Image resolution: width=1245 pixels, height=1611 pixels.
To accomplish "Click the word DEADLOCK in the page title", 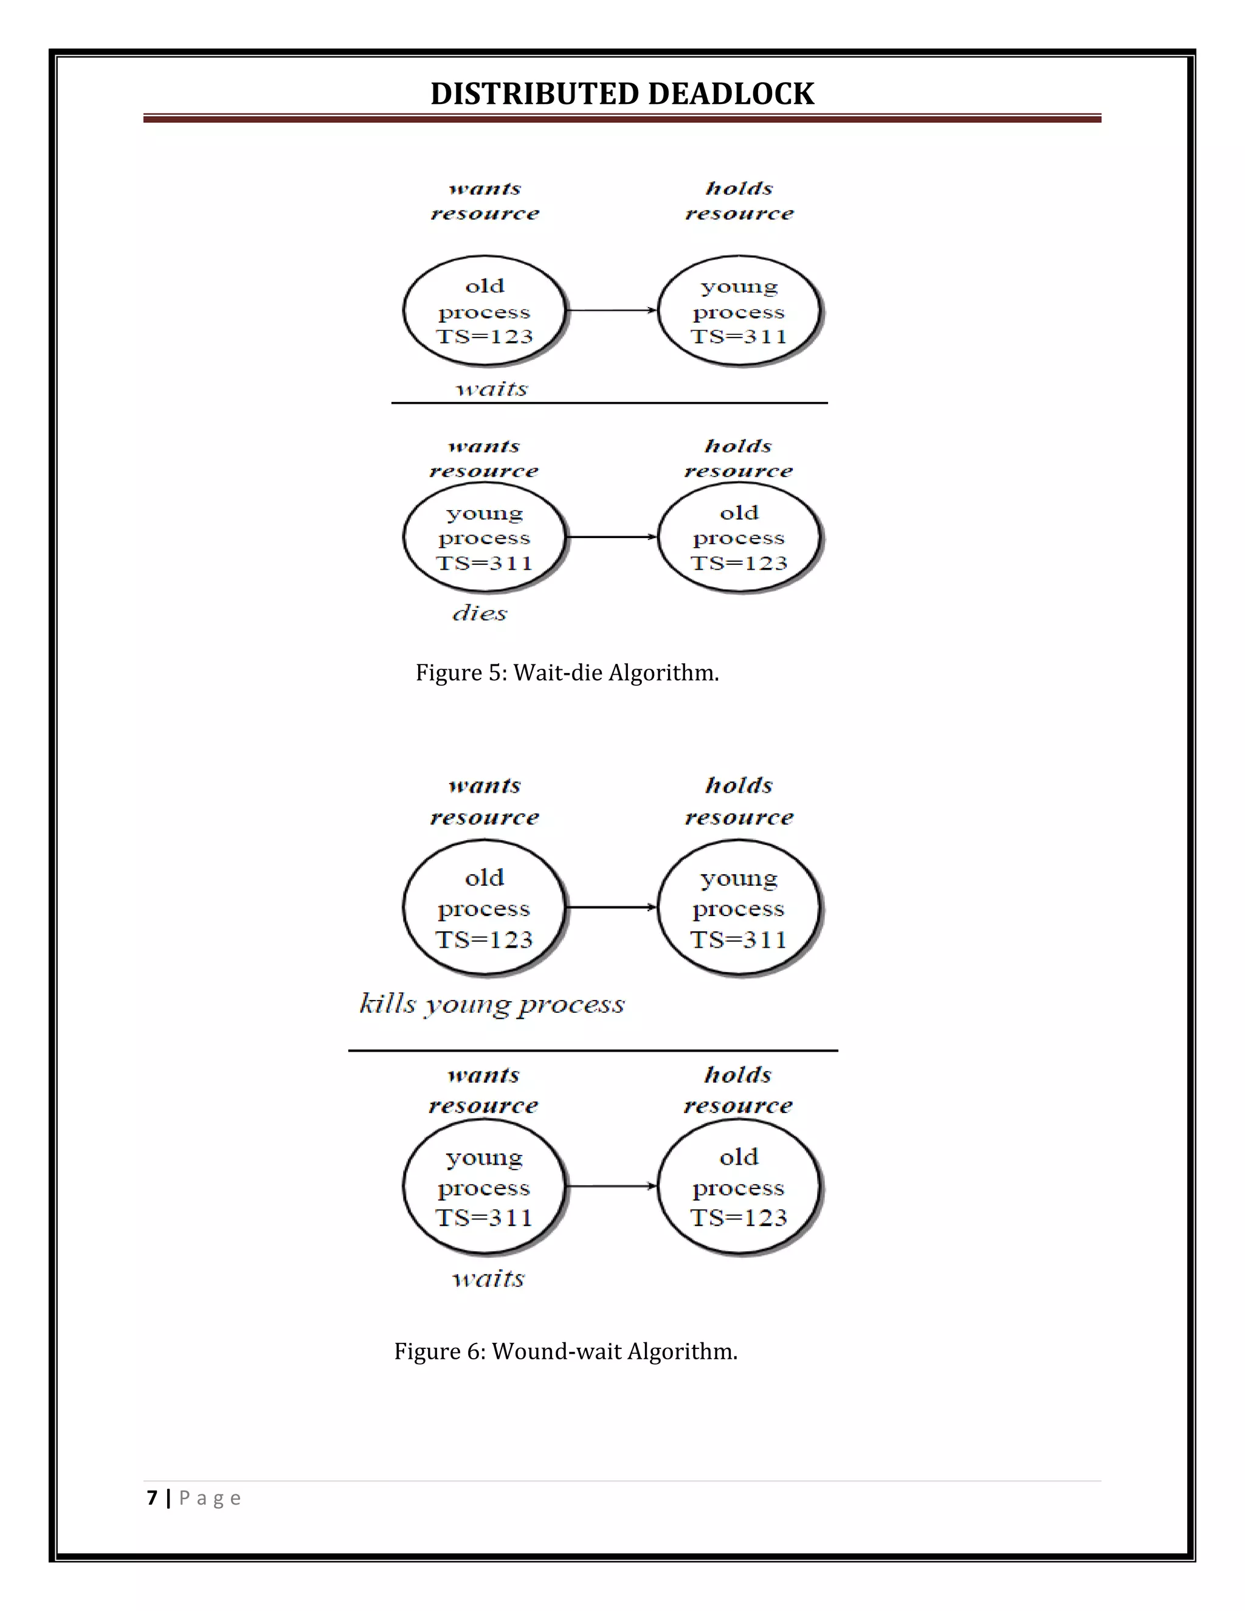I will [730, 94].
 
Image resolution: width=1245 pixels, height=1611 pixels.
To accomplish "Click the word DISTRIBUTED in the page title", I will [536, 94].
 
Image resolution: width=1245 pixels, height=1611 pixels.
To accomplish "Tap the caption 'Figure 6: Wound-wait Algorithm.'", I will [566, 1351].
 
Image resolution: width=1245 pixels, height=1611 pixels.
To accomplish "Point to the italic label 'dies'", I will [480, 613].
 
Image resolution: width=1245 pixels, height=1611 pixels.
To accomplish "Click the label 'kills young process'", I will [492, 1004].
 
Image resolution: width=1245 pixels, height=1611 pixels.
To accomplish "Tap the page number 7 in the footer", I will [152, 1498].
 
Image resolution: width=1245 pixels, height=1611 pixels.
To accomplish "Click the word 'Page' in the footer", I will [210, 1498].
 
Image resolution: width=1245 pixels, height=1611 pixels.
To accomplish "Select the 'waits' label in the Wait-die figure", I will [492, 388].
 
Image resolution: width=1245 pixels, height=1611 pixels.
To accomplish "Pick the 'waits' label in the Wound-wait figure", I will [488, 1278].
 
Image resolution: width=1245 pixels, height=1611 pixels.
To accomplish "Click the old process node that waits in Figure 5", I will [485, 311].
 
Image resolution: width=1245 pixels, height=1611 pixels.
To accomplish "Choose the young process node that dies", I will [485, 537].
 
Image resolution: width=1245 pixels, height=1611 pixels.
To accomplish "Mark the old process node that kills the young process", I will [485, 907].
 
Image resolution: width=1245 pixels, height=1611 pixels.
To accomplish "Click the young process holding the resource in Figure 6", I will [739, 907].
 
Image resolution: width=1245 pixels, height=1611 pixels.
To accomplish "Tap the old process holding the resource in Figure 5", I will [739, 537].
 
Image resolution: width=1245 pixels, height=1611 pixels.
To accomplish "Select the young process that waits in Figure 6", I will [485, 1186].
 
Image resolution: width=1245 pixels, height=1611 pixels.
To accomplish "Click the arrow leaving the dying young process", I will [612, 537].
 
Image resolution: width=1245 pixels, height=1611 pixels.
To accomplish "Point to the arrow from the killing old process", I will [612, 907].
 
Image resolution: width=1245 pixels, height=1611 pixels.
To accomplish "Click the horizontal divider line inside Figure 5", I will [609, 402].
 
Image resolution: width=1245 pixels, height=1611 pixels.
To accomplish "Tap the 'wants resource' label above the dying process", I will [484, 458].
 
